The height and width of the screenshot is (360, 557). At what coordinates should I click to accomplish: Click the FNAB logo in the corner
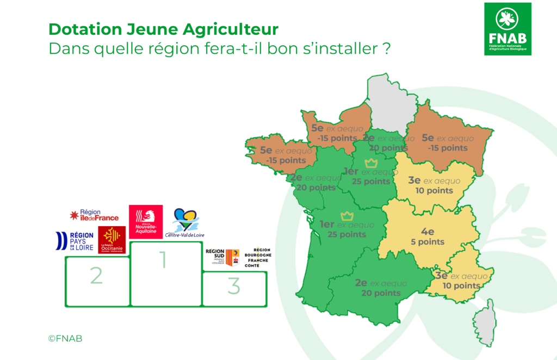coord(508,28)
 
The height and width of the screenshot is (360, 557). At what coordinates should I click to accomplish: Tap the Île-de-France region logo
coord(94,215)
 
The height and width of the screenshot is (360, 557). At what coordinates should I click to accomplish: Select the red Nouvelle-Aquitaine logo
coord(145,221)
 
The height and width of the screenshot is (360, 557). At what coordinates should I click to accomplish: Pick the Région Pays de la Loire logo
coord(75,241)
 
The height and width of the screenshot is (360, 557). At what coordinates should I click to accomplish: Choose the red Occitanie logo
coord(112,240)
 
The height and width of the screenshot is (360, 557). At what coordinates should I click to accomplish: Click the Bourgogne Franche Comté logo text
coord(258,257)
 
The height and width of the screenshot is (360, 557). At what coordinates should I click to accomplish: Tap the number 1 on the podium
coord(162,261)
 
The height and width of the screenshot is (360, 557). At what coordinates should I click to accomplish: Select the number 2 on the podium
coord(96,276)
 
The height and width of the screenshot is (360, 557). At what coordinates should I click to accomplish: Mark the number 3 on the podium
coord(233,285)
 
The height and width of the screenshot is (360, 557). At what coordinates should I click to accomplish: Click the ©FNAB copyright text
coord(65,338)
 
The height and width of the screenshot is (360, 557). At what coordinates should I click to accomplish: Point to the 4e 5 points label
coord(428,237)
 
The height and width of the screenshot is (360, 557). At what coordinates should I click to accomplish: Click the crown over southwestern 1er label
coord(346,216)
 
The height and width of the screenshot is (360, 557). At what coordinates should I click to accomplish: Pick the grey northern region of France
coord(387,103)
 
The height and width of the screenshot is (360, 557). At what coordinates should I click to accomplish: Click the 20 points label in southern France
coord(381,293)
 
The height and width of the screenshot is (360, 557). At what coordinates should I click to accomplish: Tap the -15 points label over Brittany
coord(286,160)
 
